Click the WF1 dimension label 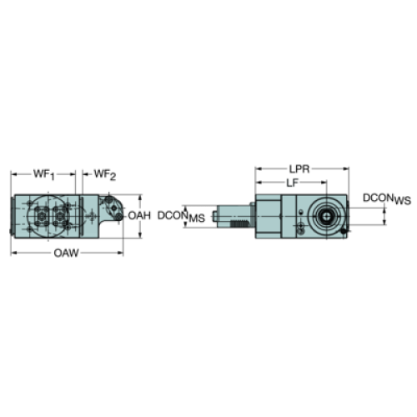44,174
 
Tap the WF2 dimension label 105,174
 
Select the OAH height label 139,215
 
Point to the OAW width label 67,254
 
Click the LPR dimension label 299,169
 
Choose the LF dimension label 292,183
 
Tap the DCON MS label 181,217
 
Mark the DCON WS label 387,198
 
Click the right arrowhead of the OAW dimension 120,253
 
